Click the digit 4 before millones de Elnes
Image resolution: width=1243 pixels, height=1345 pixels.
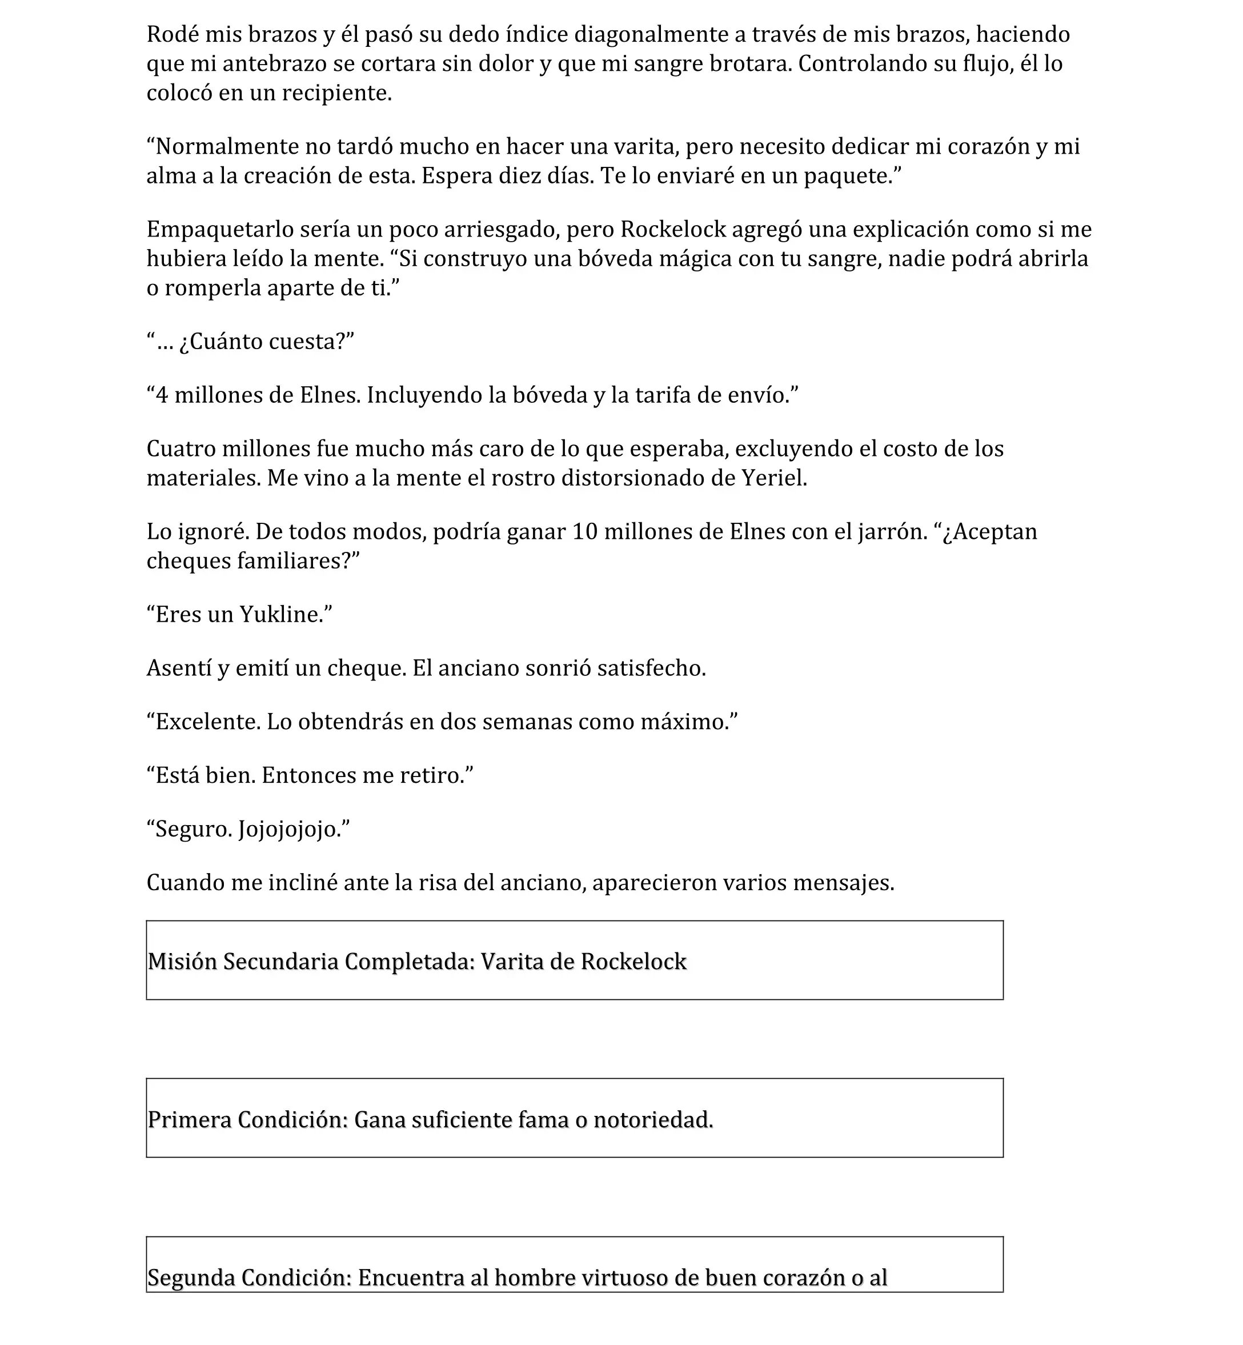(x=162, y=395)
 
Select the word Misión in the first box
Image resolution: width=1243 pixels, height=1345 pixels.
(x=182, y=962)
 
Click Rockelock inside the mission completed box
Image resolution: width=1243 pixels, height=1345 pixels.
(x=633, y=962)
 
